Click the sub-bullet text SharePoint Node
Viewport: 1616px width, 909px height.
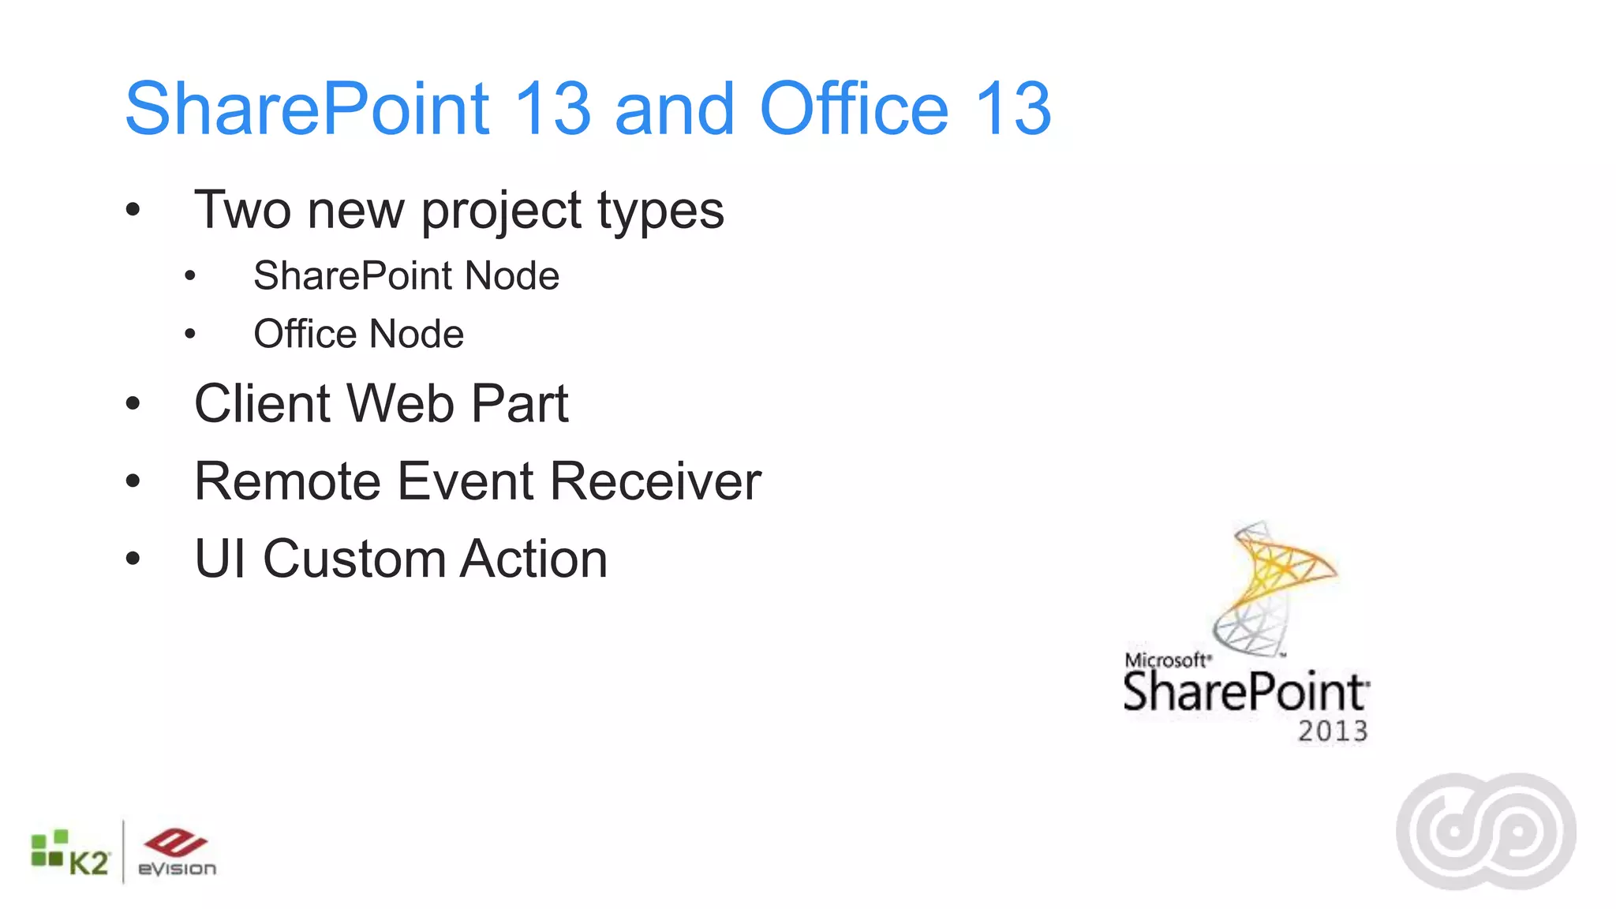(x=406, y=276)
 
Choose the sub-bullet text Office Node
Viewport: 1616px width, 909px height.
(x=358, y=334)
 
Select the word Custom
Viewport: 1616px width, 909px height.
(x=354, y=559)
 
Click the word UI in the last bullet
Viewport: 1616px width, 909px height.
(x=220, y=559)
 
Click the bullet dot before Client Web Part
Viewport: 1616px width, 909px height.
(x=133, y=404)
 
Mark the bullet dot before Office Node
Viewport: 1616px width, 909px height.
(x=189, y=335)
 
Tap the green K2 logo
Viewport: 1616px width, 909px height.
(x=69, y=854)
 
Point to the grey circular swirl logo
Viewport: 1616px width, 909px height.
(x=1486, y=832)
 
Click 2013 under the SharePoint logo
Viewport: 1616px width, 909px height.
(x=1333, y=731)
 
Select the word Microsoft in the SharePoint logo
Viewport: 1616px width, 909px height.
(x=1166, y=660)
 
